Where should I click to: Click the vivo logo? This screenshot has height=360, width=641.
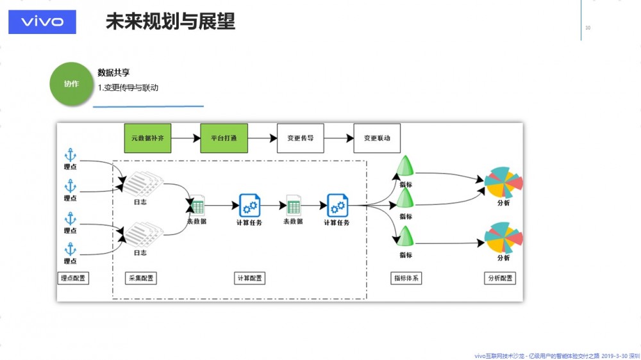(42, 22)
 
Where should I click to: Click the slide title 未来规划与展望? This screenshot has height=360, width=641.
(170, 22)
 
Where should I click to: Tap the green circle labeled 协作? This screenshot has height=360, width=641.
(72, 84)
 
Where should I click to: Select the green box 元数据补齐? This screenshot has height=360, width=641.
(147, 138)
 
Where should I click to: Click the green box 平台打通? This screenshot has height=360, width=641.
(224, 138)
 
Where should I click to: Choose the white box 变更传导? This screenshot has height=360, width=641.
(300, 138)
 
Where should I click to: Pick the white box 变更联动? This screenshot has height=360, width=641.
(377, 138)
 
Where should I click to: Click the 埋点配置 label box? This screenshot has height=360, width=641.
(72, 278)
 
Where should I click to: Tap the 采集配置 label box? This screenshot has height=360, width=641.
(140, 278)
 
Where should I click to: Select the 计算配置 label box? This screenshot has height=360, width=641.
(249, 278)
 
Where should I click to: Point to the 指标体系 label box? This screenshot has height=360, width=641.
(406, 278)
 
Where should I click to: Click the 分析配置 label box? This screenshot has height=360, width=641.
(500, 278)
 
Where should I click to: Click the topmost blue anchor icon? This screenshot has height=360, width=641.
(70, 155)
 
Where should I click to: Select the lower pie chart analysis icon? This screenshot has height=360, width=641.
(503, 238)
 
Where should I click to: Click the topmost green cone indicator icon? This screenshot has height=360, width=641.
(405, 167)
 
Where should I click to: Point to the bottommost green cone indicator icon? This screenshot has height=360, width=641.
(405, 236)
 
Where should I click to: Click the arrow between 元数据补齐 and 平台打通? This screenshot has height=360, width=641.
(187, 138)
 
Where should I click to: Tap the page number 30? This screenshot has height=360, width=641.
(588, 28)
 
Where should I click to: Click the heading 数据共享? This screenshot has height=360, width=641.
(113, 73)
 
